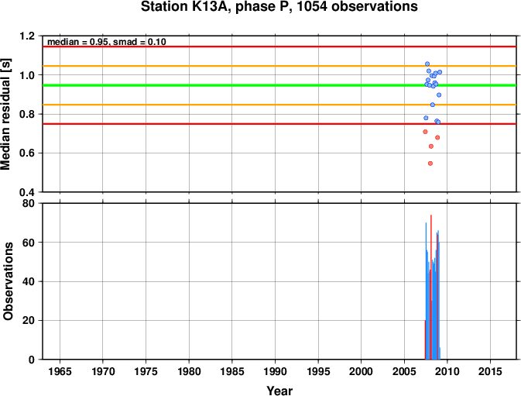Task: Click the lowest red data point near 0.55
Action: click(430, 164)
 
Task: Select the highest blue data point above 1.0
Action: click(427, 64)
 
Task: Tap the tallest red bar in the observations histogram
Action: click(431, 287)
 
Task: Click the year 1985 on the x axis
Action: click(232, 371)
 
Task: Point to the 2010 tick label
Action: click(447, 371)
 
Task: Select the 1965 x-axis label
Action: click(60, 371)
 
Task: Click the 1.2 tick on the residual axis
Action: click(27, 36)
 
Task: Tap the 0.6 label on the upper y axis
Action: click(27, 153)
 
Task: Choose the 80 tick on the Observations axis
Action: click(29, 203)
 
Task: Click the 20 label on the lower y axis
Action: click(29, 321)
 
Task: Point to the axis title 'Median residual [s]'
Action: click(5, 114)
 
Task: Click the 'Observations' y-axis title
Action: click(8, 281)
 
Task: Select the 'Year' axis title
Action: click(279, 391)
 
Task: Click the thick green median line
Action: click(279, 85)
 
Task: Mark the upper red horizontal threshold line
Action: click(279, 46)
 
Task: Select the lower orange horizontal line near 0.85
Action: click(279, 105)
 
